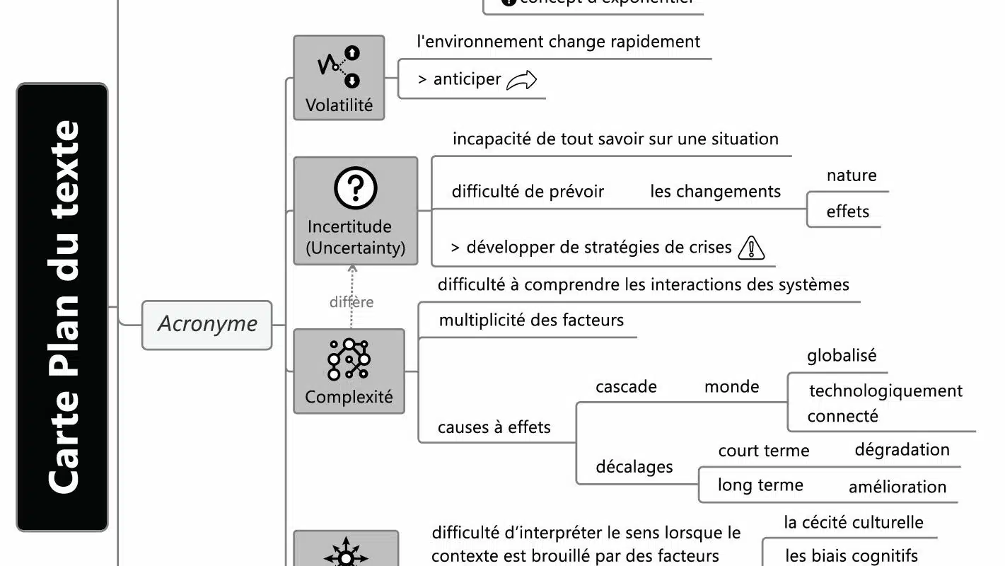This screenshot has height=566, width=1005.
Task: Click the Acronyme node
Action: [207, 325]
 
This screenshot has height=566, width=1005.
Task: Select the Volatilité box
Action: [339, 78]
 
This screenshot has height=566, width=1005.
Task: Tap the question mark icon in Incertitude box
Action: [355, 187]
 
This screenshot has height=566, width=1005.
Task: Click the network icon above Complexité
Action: [349, 359]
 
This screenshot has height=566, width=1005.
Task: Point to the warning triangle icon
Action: [751, 248]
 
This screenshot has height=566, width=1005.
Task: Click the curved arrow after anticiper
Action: [522, 80]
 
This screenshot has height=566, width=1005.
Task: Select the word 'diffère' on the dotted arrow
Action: [352, 302]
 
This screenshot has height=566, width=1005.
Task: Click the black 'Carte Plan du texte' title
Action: [62, 307]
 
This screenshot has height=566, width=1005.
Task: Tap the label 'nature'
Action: [851, 175]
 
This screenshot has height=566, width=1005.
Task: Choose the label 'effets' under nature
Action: [847, 212]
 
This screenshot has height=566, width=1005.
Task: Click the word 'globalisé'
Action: [841, 355]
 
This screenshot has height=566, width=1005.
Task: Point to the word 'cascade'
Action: [626, 387]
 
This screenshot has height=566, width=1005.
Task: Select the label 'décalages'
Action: [634, 467]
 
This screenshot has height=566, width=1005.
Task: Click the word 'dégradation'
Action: [902, 450]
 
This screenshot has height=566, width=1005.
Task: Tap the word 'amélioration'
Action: [897, 487]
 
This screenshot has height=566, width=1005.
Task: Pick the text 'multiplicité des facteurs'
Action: [531, 320]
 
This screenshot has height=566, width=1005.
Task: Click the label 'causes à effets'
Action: [494, 427]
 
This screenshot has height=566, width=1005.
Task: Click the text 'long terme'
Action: [760, 485]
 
